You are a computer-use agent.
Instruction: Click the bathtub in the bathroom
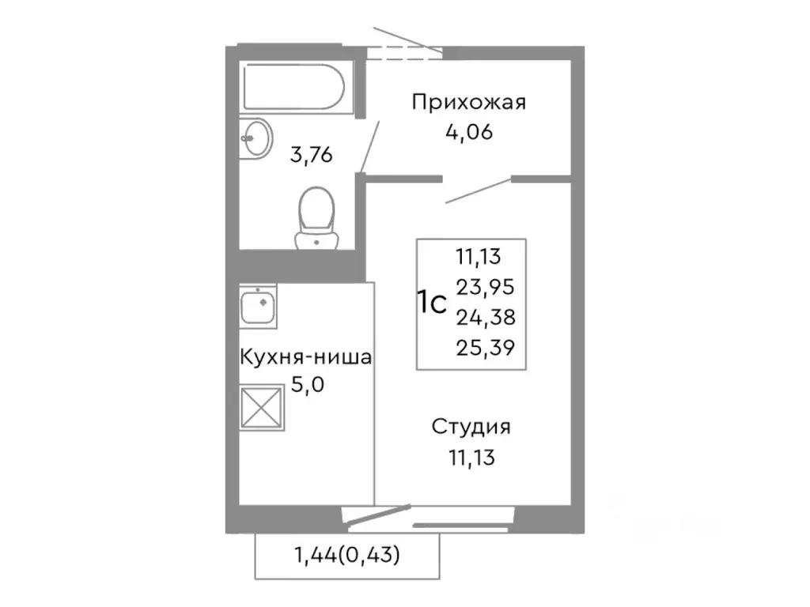tap(293, 89)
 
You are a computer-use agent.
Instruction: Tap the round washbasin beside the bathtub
tap(255, 139)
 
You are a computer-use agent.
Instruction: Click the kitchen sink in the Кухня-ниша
tap(258, 307)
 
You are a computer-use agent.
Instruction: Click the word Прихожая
tap(469, 103)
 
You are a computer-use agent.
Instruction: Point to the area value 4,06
tap(469, 131)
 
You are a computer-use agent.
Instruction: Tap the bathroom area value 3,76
tap(311, 154)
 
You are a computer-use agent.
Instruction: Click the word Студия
tap(471, 428)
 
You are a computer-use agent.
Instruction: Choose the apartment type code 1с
tap(433, 302)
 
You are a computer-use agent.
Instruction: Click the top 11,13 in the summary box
tap(479, 256)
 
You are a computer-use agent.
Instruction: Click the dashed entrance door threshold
tap(404, 53)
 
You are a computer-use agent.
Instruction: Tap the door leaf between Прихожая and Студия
tap(479, 190)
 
